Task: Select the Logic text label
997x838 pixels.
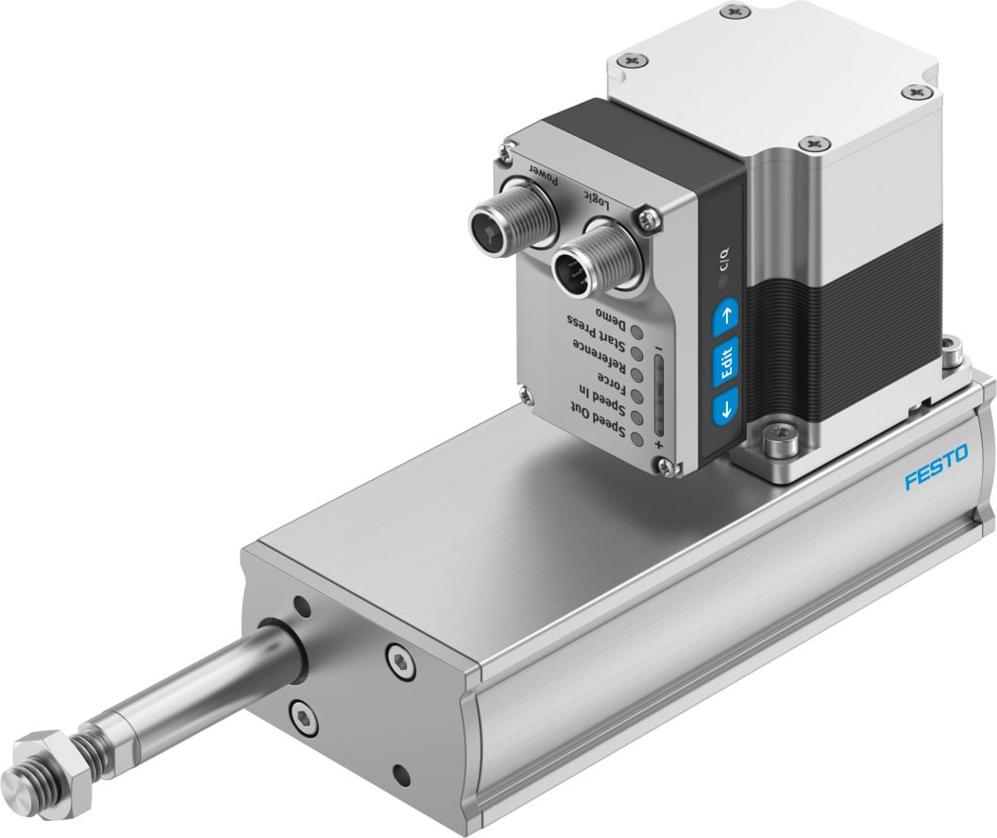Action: pyautogui.click(x=595, y=196)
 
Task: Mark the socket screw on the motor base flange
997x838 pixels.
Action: pyautogui.click(x=784, y=437)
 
